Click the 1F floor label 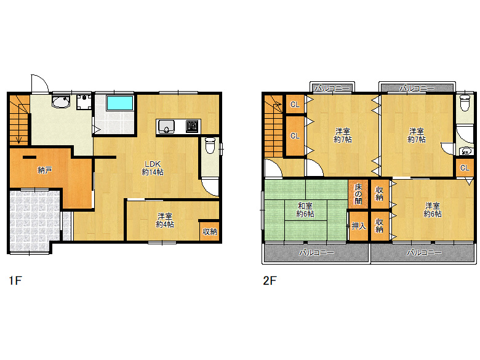click(15, 281)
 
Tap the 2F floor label click(270, 281)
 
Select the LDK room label click(153, 164)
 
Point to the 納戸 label click(44, 170)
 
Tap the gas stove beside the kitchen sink click(192, 127)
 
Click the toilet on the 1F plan click(209, 146)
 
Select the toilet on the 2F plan click(465, 103)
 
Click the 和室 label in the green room click(305, 206)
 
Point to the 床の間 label click(358, 194)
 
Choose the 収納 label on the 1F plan click(209, 231)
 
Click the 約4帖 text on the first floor click(164, 225)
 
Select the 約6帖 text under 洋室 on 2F click(432, 214)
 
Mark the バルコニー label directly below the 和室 click(316, 253)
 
